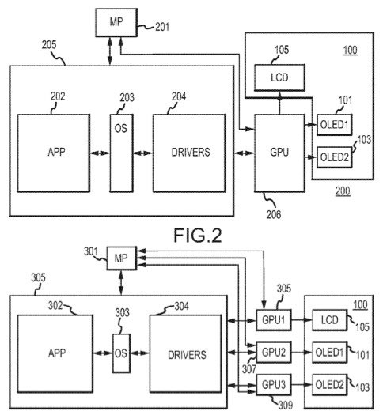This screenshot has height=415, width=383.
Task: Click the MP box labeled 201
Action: [116, 22]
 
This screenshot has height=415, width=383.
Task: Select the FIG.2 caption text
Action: [198, 236]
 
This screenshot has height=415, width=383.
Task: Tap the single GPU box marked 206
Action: [279, 153]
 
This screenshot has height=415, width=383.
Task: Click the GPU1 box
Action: [274, 320]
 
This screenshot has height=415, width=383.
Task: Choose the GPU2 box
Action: [274, 353]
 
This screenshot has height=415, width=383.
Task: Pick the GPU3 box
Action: [274, 384]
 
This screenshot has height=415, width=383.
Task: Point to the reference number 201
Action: [162, 27]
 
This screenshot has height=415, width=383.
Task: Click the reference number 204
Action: [179, 96]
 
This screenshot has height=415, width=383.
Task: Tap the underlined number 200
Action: [343, 191]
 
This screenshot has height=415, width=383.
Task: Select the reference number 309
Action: [285, 405]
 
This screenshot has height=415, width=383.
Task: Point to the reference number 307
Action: [249, 369]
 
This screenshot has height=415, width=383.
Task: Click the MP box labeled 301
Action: [122, 258]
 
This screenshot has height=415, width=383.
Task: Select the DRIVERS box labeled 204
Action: [189, 153]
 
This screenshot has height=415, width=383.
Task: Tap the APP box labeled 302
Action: [55, 353]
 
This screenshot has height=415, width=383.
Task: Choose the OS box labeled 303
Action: [122, 353]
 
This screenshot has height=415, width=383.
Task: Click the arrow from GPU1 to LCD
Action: [302, 320]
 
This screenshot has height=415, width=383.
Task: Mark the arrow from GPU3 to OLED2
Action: [302, 384]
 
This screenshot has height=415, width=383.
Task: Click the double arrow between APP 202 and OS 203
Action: [100, 153]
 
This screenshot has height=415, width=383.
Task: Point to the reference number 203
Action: [127, 98]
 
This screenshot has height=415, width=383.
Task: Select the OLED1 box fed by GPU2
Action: [330, 353]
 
